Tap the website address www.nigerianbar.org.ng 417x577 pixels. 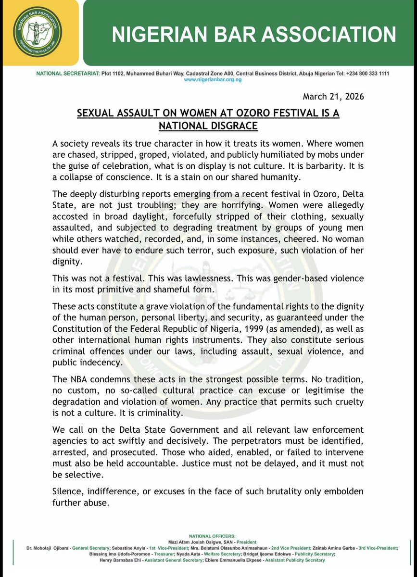coord(213,80)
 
